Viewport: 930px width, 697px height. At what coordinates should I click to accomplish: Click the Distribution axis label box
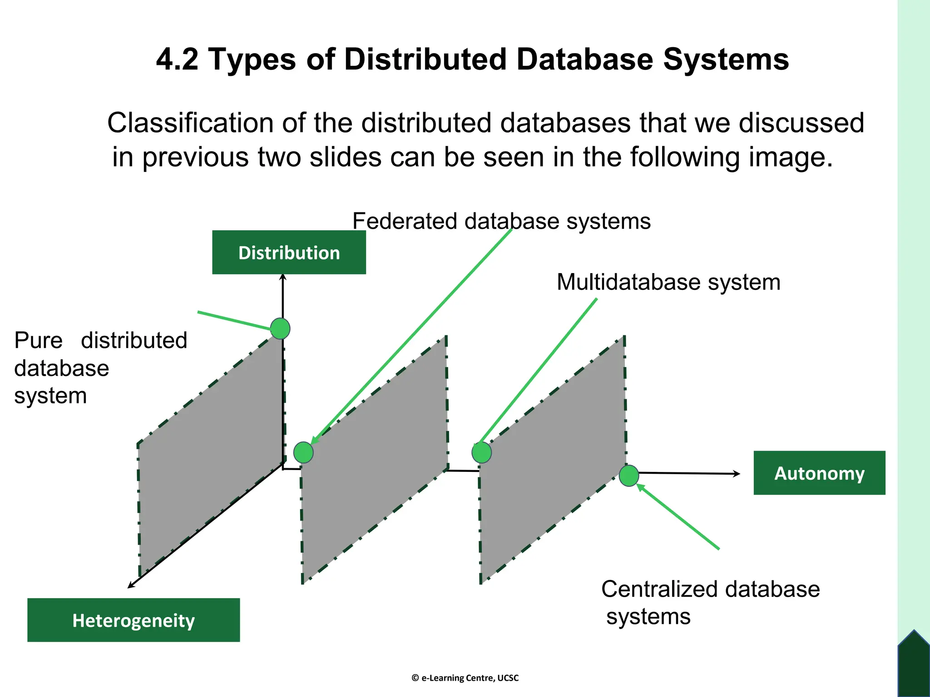[289, 252]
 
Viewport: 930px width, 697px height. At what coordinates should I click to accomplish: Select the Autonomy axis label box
[819, 473]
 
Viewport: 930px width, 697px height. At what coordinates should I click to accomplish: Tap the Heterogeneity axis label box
[134, 620]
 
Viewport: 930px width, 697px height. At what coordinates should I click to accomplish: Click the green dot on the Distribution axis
[280, 329]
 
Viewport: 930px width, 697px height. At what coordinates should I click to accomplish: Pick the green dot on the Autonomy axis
[629, 476]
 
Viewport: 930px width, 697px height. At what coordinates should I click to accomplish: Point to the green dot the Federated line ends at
[303, 452]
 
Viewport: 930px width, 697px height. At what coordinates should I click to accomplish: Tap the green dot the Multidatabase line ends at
[482, 452]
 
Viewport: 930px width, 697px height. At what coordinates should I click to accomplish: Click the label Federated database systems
[501, 221]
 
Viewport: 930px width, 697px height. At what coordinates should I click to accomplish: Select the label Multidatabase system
[668, 282]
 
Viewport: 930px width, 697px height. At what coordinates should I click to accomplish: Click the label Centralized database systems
[711, 603]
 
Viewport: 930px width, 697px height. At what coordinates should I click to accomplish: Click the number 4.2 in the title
[177, 59]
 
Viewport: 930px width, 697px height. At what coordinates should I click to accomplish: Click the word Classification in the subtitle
[190, 123]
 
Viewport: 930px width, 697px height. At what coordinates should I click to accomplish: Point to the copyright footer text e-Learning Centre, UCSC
[465, 678]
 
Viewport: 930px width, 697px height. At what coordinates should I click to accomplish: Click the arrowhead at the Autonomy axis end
[737, 474]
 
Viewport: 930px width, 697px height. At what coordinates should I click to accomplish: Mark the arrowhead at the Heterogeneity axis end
[130, 586]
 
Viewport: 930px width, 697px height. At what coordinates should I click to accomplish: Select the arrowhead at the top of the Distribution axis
[283, 276]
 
